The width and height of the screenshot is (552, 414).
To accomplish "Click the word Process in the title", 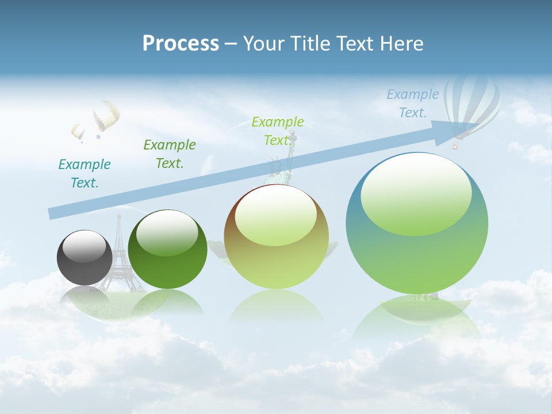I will click(181, 43).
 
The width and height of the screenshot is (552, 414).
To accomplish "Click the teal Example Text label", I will click(85, 174).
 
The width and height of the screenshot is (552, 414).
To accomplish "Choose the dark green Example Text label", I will click(170, 154).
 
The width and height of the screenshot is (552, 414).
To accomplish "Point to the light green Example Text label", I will click(278, 131).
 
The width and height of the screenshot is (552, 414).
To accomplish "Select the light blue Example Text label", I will click(412, 103).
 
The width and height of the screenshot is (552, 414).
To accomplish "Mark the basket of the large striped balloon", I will click(455, 146).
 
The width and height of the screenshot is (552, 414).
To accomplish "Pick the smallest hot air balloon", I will click(78, 132).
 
